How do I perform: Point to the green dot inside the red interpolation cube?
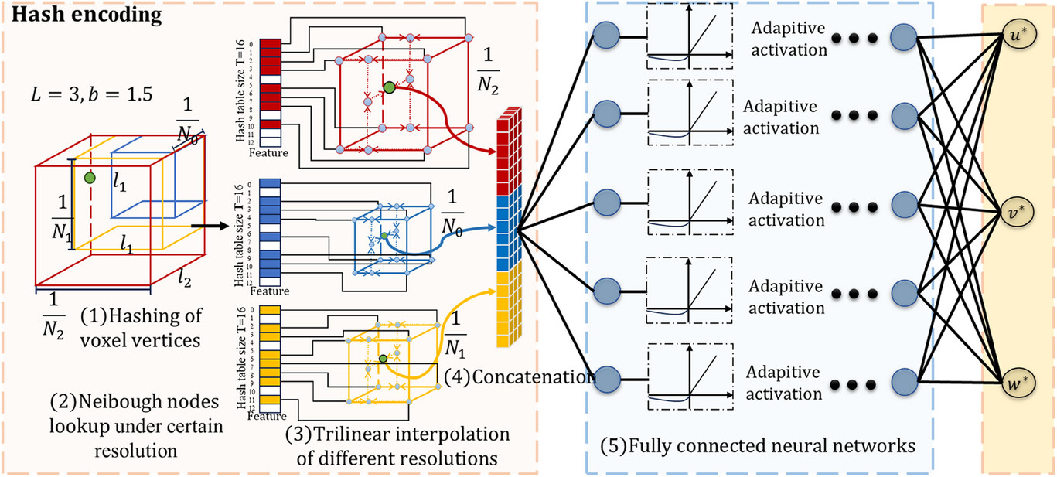389,88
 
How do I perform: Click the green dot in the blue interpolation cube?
383,234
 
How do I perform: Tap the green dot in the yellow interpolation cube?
383,359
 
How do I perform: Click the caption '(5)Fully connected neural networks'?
759,446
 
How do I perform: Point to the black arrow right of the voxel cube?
205,226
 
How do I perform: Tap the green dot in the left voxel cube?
90,179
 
